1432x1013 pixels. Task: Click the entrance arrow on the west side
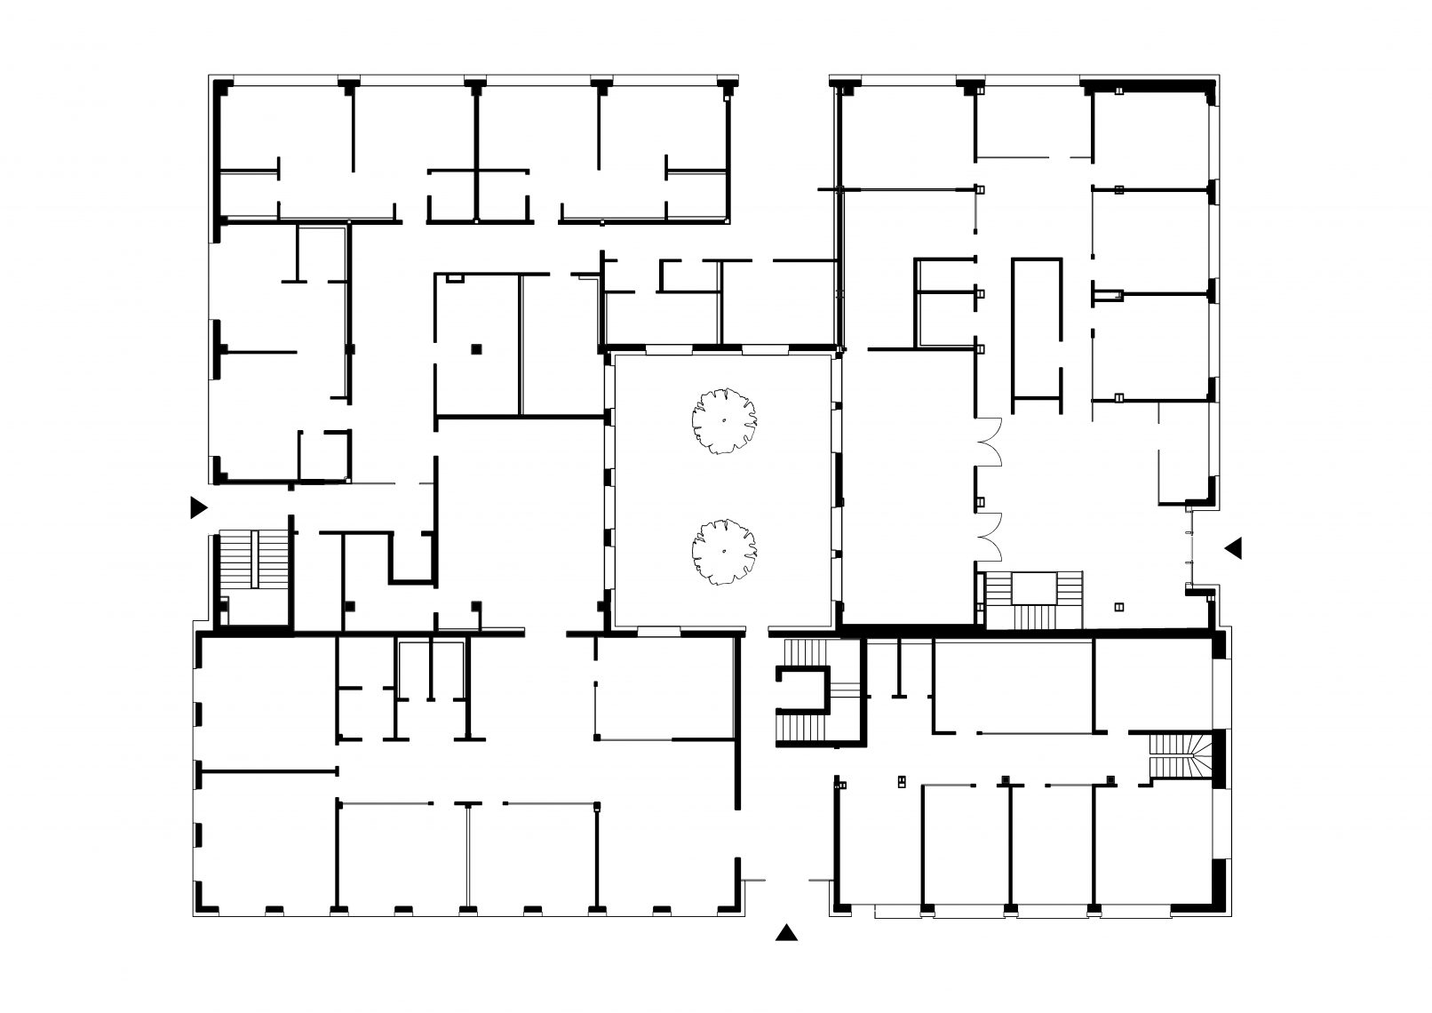tap(198, 507)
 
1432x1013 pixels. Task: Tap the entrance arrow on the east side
tap(1232, 548)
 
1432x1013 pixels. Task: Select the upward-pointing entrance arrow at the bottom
tap(785, 931)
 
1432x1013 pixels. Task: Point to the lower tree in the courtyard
tap(724, 552)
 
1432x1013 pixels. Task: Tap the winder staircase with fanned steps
tap(1186, 755)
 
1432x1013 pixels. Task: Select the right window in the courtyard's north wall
tap(765, 347)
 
